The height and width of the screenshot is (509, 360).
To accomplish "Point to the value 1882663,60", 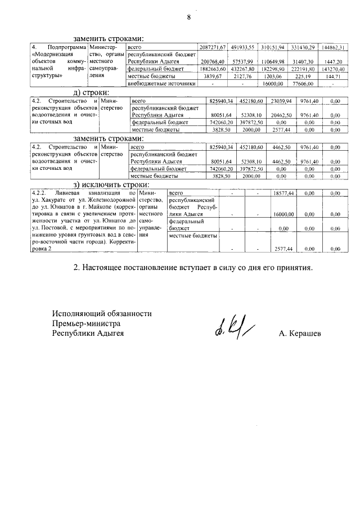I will point(213,68).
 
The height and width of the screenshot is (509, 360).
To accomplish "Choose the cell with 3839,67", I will point(214,75).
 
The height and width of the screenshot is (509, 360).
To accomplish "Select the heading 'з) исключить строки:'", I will point(111,184).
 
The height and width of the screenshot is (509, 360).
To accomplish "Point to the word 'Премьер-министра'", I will point(86,323).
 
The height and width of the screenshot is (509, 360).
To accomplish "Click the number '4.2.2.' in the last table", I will point(41,193).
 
